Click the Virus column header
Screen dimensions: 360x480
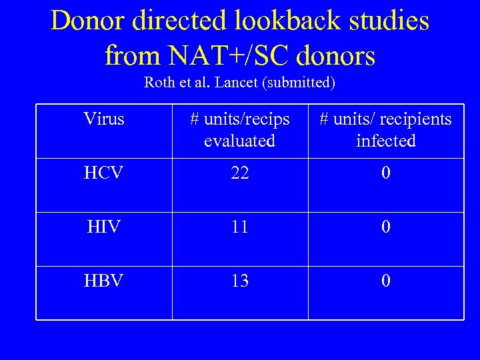tap(104, 119)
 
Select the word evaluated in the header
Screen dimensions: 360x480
tap(239, 141)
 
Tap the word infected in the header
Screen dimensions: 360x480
tap(386, 141)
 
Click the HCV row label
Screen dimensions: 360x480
tap(104, 173)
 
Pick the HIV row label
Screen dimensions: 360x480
tap(104, 227)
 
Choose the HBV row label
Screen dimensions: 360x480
tap(104, 281)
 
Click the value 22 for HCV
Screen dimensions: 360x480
tap(240, 173)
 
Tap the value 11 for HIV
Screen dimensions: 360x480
tap(240, 227)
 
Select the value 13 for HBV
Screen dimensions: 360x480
tap(240, 281)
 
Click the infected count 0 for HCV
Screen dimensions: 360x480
tap(386, 173)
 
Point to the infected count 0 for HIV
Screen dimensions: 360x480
tap(386, 227)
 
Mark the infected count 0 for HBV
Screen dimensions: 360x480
tap(386, 281)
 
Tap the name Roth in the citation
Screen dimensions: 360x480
tap(159, 83)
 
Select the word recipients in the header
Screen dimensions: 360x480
tap(413, 119)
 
